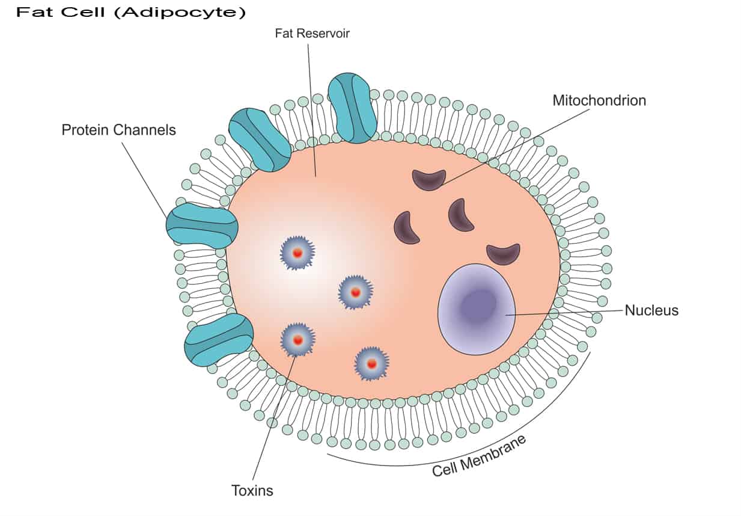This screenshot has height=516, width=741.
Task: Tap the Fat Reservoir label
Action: click(312, 34)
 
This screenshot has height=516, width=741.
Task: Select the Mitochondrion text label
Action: click(599, 100)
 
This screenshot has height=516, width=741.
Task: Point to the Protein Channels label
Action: click(118, 130)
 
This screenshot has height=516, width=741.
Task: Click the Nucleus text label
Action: click(651, 311)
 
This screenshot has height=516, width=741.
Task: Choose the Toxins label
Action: click(252, 491)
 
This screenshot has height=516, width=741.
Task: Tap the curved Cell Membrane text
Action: click(479, 455)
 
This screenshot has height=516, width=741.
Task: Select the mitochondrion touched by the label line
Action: click(429, 179)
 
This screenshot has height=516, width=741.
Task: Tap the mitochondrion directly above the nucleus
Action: click(503, 254)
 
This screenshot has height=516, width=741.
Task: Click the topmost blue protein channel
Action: click(352, 108)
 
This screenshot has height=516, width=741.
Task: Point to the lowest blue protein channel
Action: click(219, 340)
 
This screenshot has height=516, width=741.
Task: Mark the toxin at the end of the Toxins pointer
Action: click(297, 340)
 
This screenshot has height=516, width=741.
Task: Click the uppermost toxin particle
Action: click(297, 253)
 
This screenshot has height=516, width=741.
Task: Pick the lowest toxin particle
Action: click(371, 363)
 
